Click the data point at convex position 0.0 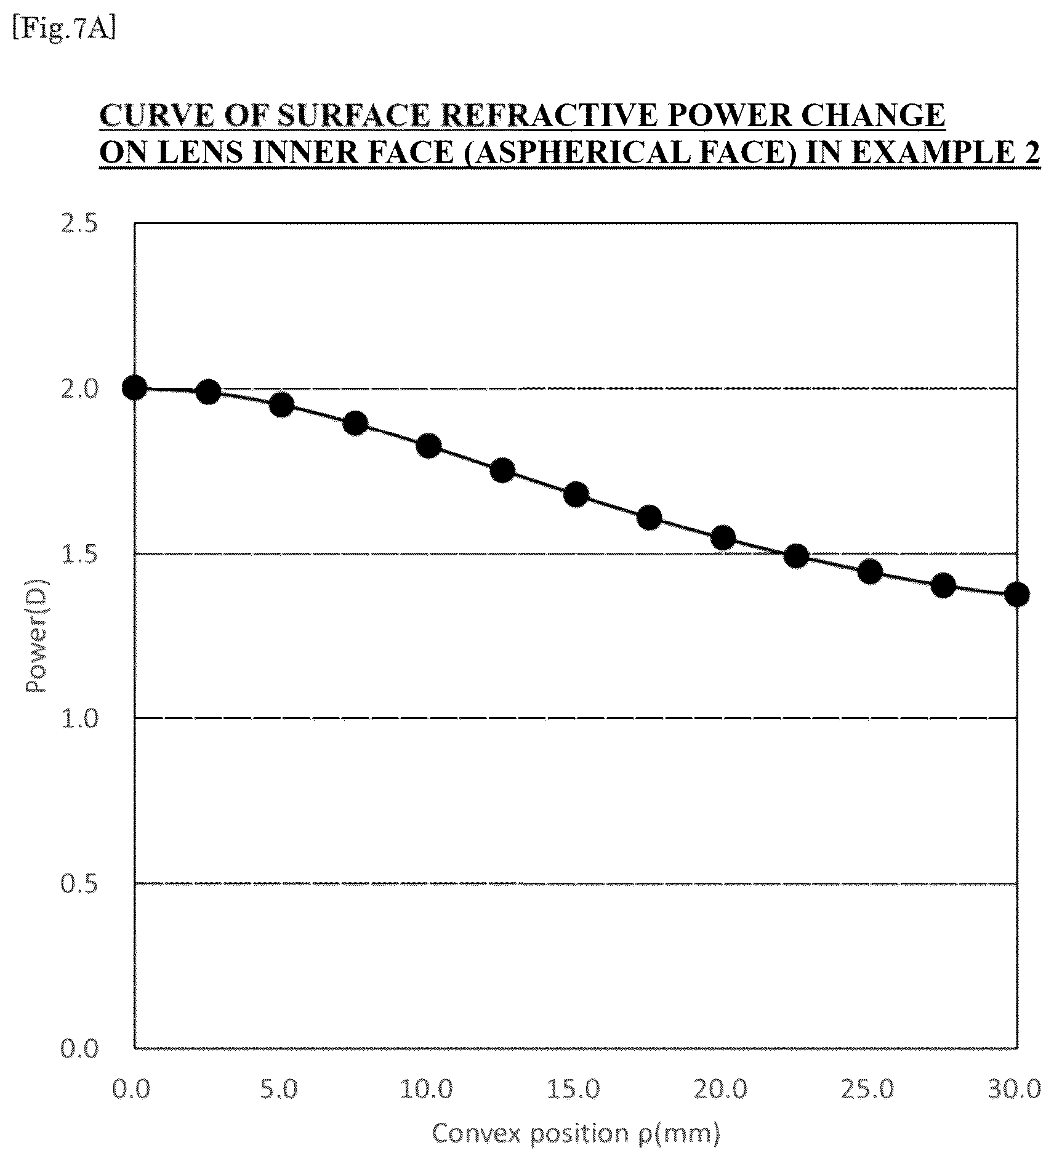tap(134, 388)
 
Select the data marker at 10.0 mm tap(428, 446)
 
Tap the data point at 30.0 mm tap(1016, 595)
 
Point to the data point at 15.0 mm tap(576, 494)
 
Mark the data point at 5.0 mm tap(281, 405)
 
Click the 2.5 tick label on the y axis tap(80, 223)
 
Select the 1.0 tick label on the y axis tap(80, 718)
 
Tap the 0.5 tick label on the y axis tap(80, 883)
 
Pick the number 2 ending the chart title tap(1031, 153)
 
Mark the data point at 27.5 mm tap(943, 585)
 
